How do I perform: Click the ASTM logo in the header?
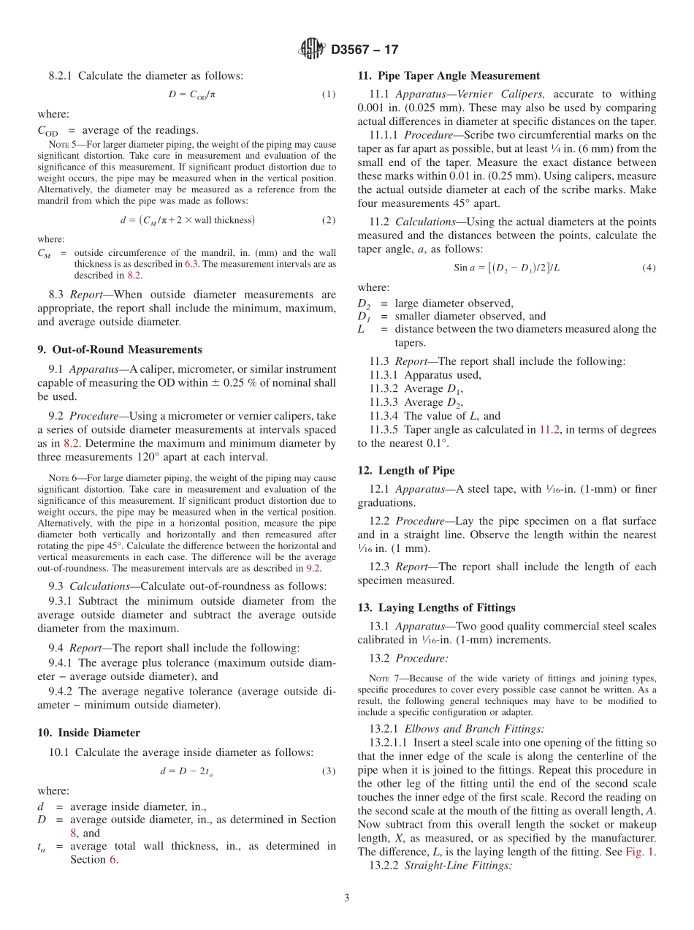[312, 49]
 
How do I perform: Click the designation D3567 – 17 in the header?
[365, 50]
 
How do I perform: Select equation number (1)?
[329, 94]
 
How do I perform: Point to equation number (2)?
[329, 220]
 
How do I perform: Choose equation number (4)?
[649, 268]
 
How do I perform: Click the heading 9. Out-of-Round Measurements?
[120, 349]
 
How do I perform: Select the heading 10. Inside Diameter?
[89, 733]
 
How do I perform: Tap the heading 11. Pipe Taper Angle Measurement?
[449, 75]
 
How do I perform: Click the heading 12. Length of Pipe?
[406, 470]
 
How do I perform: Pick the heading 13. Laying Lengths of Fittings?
[436, 608]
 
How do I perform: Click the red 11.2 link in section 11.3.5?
[549, 430]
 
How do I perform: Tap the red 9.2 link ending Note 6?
[313, 568]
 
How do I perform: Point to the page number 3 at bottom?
[347, 898]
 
